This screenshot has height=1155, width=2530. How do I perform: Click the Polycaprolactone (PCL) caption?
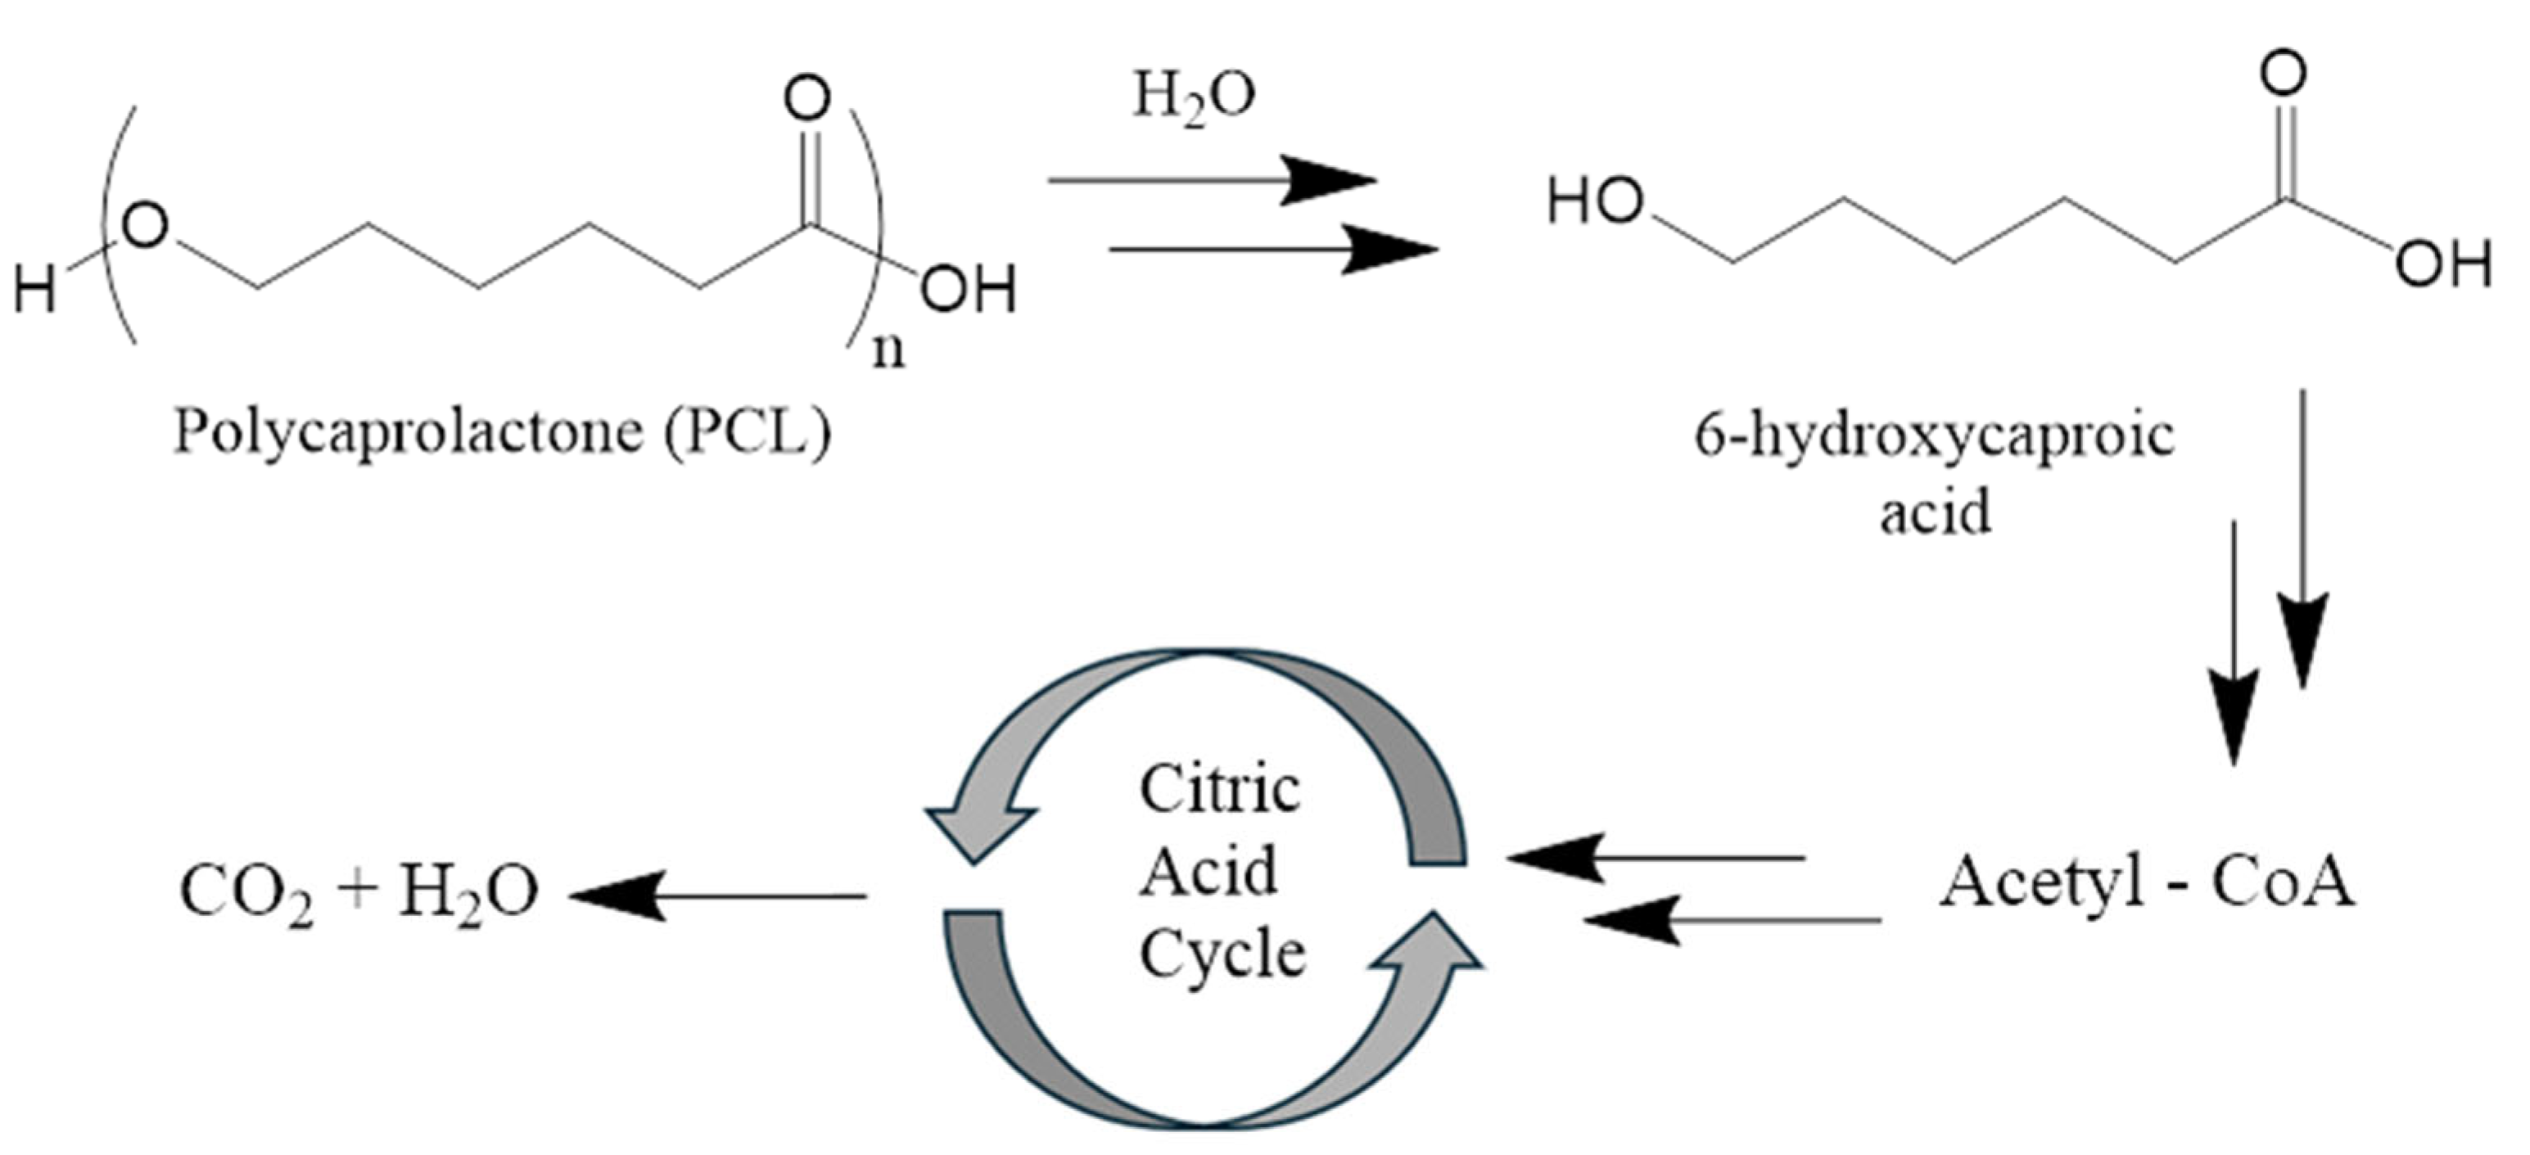502,432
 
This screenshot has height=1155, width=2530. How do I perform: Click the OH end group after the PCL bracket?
968,291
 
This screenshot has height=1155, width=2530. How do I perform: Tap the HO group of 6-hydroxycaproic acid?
1595,202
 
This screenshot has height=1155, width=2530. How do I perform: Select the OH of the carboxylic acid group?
2442,264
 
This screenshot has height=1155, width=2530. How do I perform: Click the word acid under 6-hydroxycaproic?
1935,512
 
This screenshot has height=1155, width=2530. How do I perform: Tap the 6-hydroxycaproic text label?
1934,436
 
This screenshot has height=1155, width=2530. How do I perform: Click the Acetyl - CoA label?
2147,883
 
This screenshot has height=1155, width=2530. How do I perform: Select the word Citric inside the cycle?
1219,790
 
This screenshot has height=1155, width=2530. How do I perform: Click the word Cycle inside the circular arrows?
1222,954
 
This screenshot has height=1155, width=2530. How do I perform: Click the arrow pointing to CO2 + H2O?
717,896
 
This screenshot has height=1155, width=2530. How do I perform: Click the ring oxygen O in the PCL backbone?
147,228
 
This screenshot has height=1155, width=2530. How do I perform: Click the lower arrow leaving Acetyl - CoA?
1733,920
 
